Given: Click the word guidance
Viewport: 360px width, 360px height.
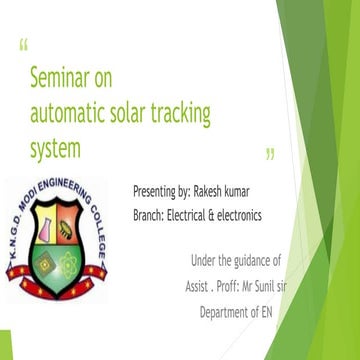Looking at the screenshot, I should pos(265,260).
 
